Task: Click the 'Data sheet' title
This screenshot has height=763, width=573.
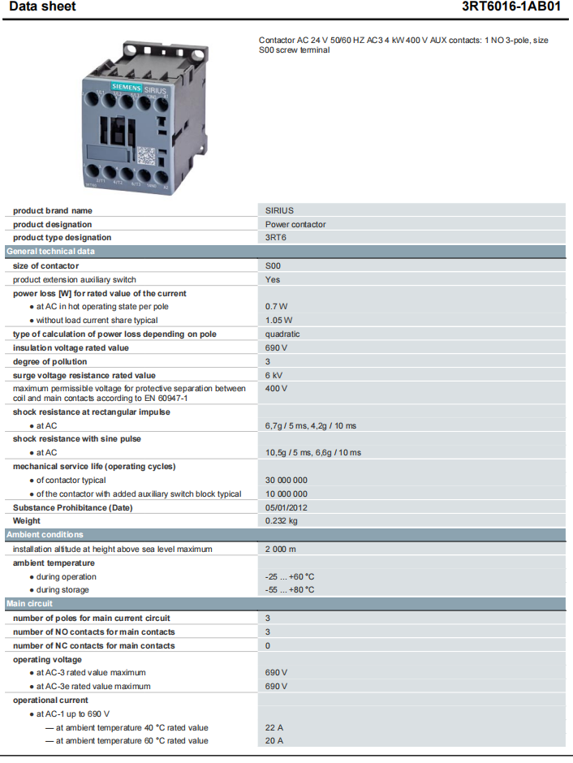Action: [42, 6]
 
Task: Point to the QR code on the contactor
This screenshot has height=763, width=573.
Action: [144, 154]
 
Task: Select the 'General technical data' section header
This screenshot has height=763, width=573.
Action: [50, 252]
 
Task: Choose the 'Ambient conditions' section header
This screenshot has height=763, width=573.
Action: [45, 535]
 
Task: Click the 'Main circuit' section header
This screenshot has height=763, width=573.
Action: [30, 604]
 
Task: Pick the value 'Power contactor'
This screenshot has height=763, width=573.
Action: [295, 224]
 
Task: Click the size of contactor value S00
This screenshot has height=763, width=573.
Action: [273, 265]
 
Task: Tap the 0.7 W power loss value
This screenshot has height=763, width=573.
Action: [276, 307]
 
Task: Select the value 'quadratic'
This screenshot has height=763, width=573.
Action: [282, 334]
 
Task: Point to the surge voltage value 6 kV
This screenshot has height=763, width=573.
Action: [274, 375]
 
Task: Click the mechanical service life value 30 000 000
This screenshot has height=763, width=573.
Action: [286, 480]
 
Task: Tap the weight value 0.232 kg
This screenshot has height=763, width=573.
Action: [281, 521]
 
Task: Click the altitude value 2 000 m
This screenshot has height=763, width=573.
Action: [282, 549]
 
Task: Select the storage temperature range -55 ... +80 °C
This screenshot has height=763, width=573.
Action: [290, 590]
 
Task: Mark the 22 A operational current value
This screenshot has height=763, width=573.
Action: [274, 727]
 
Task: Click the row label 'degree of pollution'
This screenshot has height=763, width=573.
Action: [51, 361]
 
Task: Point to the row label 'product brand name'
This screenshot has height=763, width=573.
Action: [53, 210]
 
